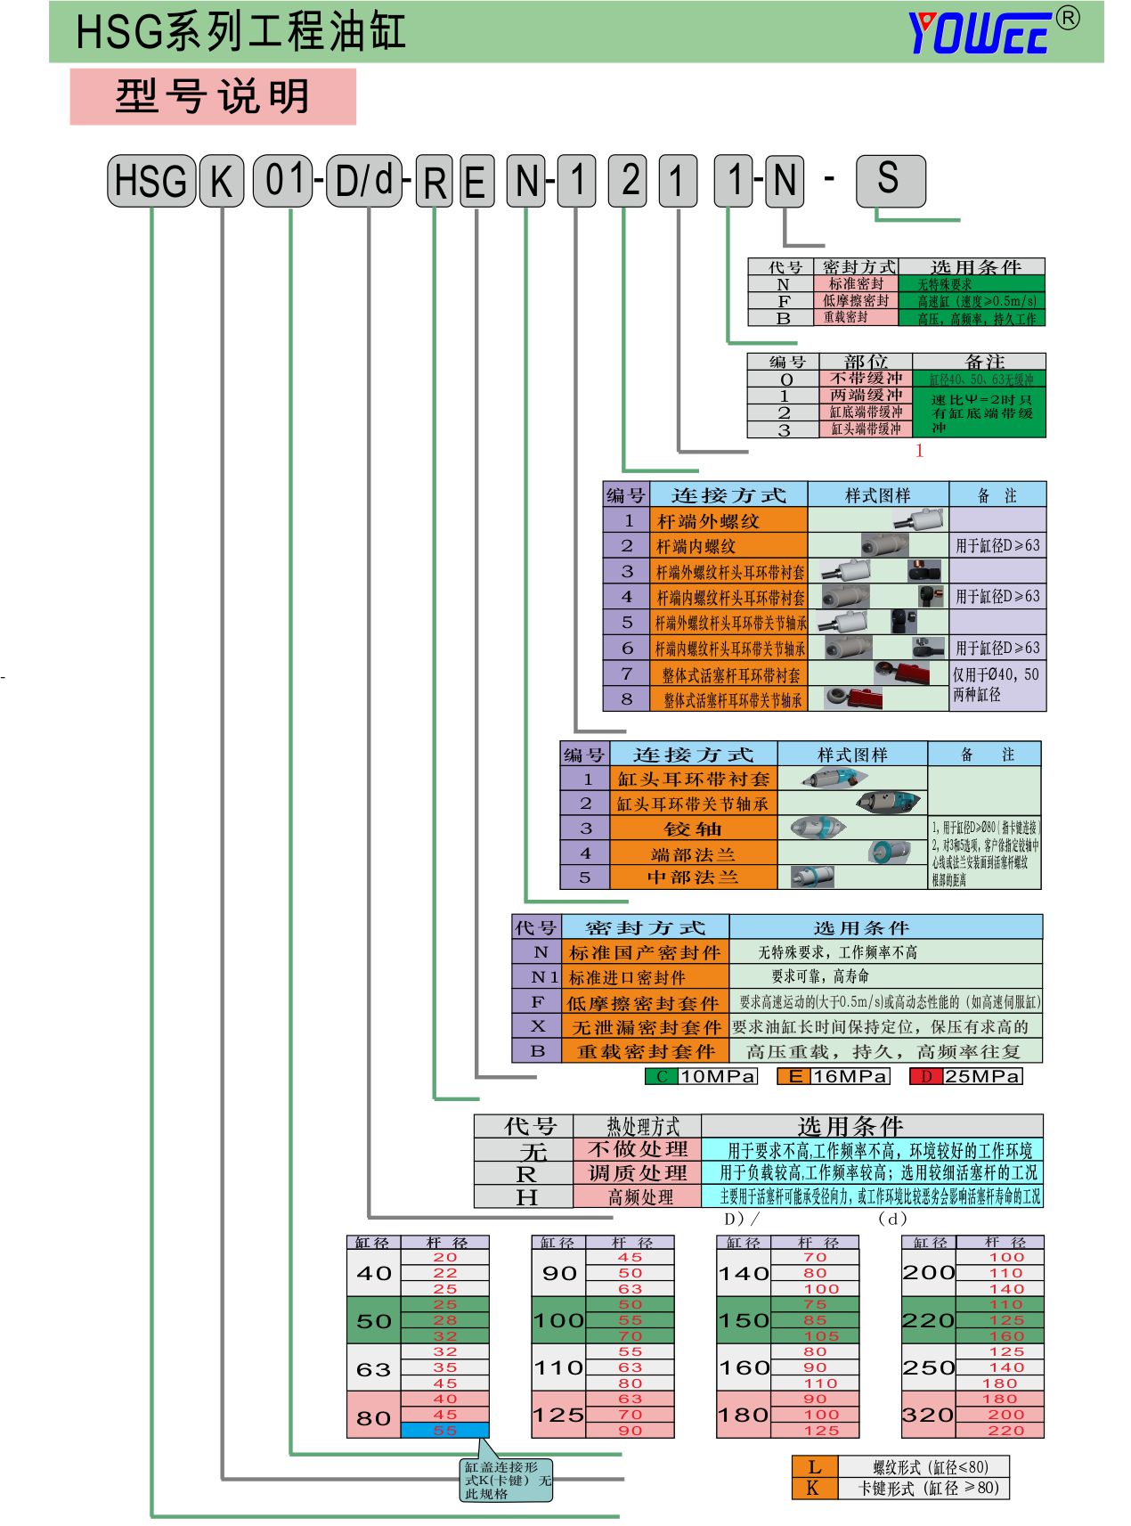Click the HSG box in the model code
point(151,181)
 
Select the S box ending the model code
point(890,180)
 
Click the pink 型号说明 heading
point(213,96)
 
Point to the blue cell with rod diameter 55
point(444,1430)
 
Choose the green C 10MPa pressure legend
point(701,1076)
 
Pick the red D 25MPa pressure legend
point(966,1076)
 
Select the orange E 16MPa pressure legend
point(833,1076)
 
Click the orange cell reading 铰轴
point(693,828)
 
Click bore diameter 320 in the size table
point(928,1414)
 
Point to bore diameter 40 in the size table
point(373,1273)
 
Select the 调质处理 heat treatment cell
point(638,1172)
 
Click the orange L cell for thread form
point(814,1466)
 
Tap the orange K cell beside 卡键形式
point(814,1487)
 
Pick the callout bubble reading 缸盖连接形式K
point(506,1480)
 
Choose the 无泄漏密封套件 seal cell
point(646,1027)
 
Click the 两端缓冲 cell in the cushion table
point(866,395)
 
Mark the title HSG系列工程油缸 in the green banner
point(240,32)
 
